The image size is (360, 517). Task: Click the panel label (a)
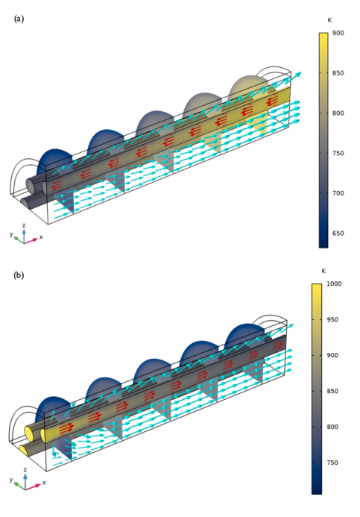pyautogui.click(x=19, y=19)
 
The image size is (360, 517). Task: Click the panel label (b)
pyautogui.click(x=19, y=275)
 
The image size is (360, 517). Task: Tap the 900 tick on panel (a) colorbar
pyautogui.click(x=338, y=33)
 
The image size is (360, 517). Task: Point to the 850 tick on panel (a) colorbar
pyautogui.click(x=338, y=73)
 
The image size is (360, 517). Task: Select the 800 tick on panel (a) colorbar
pyautogui.click(x=338, y=113)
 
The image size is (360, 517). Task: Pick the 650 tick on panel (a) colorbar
pyautogui.click(x=338, y=233)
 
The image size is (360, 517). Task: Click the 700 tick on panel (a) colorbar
pyautogui.click(x=338, y=193)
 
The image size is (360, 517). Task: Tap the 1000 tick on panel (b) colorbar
pyautogui.click(x=334, y=283)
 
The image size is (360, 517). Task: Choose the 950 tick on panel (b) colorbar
pyautogui.click(x=332, y=319)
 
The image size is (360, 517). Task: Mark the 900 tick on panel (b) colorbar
pyautogui.click(x=332, y=355)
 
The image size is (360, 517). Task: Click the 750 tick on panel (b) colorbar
pyautogui.click(x=332, y=463)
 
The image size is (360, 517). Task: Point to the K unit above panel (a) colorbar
pyautogui.click(x=329, y=20)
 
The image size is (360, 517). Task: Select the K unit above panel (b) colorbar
pyautogui.click(x=323, y=271)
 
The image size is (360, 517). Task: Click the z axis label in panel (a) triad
pyautogui.click(x=24, y=225)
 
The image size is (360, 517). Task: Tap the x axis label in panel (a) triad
pyautogui.click(x=41, y=236)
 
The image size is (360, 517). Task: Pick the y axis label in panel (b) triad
pyautogui.click(x=11, y=480)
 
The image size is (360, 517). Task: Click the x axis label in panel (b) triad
pyautogui.click(x=44, y=483)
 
